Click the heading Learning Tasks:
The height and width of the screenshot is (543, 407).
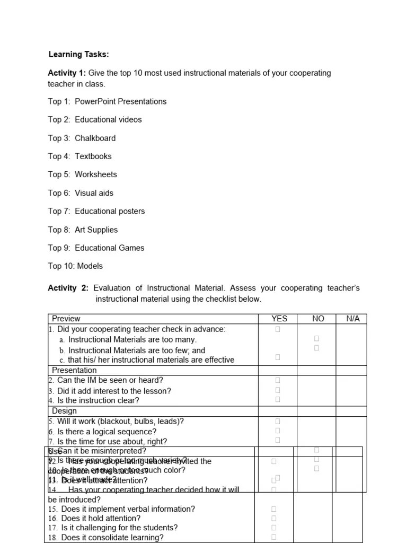[x=78, y=54]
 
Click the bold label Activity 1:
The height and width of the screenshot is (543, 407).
[x=67, y=73]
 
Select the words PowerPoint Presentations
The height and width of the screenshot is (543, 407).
[x=120, y=101]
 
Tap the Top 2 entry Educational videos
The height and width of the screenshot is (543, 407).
[x=108, y=119]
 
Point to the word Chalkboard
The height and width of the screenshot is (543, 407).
[x=95, y=138]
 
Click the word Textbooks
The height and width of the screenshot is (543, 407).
[x=93, y=156]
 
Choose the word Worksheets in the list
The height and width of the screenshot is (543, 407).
[x=96, y=174]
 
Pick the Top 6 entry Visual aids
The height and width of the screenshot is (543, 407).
[x=94, y=193]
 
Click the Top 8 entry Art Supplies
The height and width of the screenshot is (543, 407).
[x=96, y=230]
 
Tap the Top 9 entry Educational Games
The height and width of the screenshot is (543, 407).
[x=109, y=248]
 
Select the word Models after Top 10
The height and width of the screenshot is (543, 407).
[x=90, y=266]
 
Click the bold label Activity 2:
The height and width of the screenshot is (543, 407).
[x=68, y=288]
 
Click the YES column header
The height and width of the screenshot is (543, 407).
[x=279, y=319]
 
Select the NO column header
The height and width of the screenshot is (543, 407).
[x=318, y=319]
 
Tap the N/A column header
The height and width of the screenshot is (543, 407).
[x=352, y=319]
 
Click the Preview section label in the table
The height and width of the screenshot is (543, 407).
[x=66, y=319]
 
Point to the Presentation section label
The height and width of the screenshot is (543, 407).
[x=74, y=370]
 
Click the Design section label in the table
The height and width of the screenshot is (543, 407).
[x=64, y=410]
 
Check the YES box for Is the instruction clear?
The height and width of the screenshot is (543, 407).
[x=278, y=399]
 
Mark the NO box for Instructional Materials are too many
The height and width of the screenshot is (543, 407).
[x=316, y=338]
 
